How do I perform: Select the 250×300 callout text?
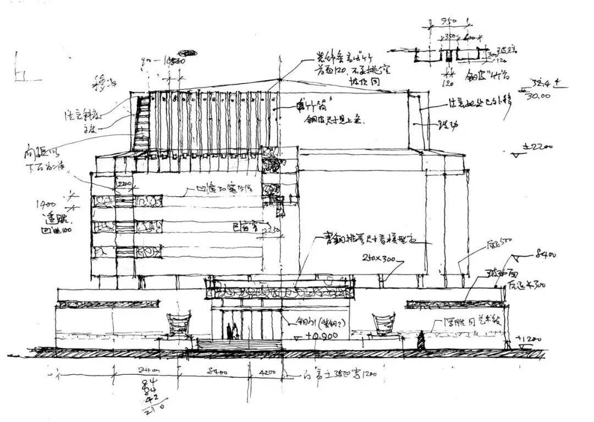pos(378,257)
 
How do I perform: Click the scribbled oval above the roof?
pos(191,53)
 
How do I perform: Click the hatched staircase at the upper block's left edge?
pos(141,124)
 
